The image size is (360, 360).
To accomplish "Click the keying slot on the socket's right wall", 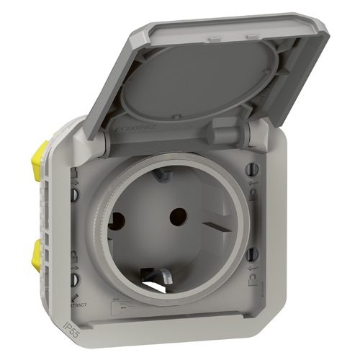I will point(217,225).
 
